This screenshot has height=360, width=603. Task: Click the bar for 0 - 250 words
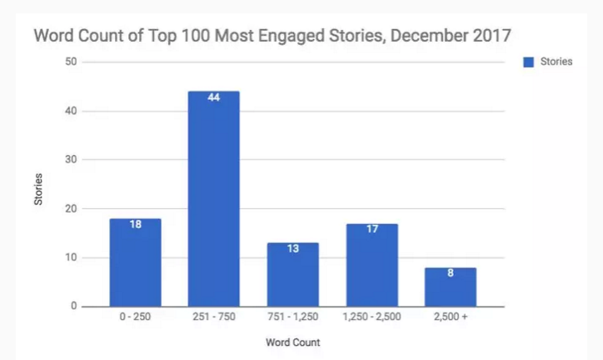134,263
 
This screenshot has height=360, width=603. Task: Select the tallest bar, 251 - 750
213,200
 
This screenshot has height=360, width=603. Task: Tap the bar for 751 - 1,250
292,275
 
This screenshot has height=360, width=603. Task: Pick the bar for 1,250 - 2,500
371,265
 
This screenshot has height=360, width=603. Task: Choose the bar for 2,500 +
451,287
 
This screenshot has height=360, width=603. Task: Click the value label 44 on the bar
213,99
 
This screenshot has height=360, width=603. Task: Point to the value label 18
134,226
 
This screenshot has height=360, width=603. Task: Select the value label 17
371,230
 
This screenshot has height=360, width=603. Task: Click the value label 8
451,274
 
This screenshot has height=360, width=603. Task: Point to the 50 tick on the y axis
72,62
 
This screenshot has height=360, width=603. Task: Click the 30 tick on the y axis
72,159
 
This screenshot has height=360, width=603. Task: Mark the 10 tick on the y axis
72,257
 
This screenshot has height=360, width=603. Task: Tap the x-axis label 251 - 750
213,317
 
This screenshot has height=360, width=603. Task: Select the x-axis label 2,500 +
451,317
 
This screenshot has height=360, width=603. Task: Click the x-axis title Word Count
292,342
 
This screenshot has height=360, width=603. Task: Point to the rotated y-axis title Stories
39,188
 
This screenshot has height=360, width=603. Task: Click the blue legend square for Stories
526,62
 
